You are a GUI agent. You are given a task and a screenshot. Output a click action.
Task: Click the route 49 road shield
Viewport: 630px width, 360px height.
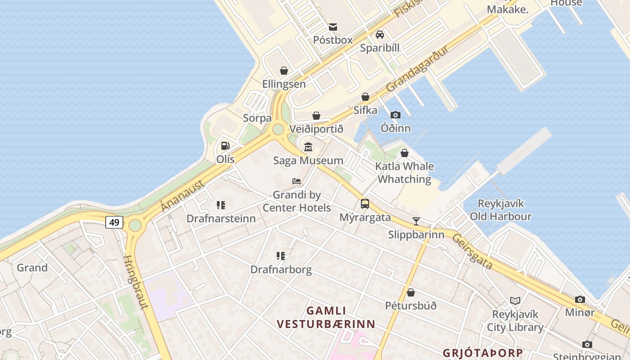pyautogui.click(x=114, y=222)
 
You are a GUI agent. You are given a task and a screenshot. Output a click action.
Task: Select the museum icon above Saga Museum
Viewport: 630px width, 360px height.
pyautogui.click(x=308, y=147)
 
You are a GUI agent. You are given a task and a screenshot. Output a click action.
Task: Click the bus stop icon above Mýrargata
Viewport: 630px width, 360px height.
pyautogui.click(x=365, y=204)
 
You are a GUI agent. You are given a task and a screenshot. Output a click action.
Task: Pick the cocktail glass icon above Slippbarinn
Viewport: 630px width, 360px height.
pyautogui.click(x=416, y=221)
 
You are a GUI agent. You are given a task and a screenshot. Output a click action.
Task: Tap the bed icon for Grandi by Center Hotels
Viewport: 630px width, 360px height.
pyautogui.click(x=297, y=181)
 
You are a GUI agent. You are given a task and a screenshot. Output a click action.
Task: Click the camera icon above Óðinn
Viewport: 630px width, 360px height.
pyautogui.click(x=396, y=115)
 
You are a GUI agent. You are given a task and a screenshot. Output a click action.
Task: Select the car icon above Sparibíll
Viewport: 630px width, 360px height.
pyautogui.click(x=379, y=35)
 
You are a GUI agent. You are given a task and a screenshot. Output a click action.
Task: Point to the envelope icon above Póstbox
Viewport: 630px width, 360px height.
pyautogui.click(x=333, y=27)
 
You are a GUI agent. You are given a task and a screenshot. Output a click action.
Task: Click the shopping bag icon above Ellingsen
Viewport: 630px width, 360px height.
pyautogui.click(x=284, y=71)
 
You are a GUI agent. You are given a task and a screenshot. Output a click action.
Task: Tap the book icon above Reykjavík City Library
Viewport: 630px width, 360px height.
pyautogui.click(x=515, y=301)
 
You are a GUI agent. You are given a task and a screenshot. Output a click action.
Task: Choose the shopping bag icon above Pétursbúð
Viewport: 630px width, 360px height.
pyautogui.click(x=410, y=293)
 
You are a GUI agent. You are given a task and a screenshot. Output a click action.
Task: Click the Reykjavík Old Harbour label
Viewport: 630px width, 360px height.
pyautogui.click(x=500, y=210)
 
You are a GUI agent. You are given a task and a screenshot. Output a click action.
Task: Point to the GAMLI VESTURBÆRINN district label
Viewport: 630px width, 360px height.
pyautogui.click(x=326, y=317)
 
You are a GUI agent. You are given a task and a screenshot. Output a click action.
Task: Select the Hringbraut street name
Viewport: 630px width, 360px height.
pyautogui.click(x=136, y=283)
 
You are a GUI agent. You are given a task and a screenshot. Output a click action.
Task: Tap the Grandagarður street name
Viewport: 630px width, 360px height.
pyautogui.click(x=417, y=68)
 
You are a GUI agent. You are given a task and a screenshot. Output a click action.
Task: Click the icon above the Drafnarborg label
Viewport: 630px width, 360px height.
pyautogui.click(x=281, y=256)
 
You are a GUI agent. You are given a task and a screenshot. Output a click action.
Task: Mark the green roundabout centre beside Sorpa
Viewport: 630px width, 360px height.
pyautogui.click(x=278, y=130)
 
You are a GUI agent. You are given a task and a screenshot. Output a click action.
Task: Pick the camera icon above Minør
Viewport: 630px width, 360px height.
pyautogui.click(x=580, y=299)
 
